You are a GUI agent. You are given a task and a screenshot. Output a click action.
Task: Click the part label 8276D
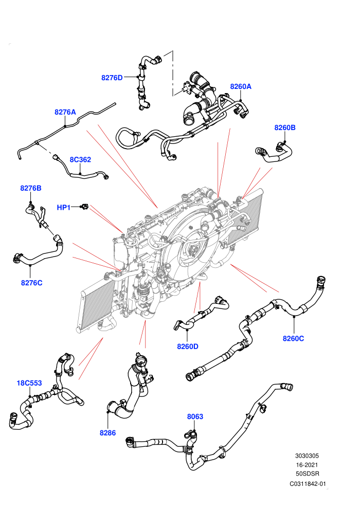(x=112, y=78)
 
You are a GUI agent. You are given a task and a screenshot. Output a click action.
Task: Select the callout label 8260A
(x=241, y=86)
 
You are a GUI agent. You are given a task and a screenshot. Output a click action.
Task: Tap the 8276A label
(x=65, y=112)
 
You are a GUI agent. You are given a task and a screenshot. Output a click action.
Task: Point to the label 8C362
(x=80, y=160)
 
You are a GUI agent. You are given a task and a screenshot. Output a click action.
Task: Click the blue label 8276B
(x=31, y=188)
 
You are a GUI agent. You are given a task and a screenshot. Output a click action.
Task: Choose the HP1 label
(x=64, y=207)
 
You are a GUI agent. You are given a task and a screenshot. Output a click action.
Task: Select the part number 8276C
(x=32, y=283)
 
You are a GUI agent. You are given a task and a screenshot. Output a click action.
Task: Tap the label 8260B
(x=285, y=128)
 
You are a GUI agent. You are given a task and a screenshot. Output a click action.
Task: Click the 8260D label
(x=188, y=347)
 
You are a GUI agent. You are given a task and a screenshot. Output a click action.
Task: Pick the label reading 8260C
(x=294, y=339)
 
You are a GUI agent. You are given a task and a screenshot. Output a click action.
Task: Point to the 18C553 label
(x=29, y=383)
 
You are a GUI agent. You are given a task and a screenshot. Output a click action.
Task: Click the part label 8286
(x=108, y=433)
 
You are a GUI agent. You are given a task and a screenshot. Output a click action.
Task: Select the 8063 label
(x=195, y=416)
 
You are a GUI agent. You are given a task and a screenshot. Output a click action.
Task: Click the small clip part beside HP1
(x=84, y=207)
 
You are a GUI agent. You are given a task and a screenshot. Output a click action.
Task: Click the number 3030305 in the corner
(x=307, y=456)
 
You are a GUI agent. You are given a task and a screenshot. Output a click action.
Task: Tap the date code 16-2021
(x=307, y=465)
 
